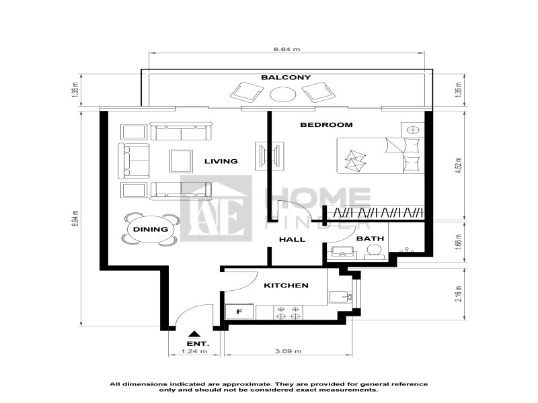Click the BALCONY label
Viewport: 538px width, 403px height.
pos(286,77)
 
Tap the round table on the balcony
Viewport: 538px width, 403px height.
pos(282,94)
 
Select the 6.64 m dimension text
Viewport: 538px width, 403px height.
pos(287,49)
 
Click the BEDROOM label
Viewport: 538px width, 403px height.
pos(326,125)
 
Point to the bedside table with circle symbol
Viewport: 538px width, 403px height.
pos(413,130)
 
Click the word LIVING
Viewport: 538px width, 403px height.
pos(221,161)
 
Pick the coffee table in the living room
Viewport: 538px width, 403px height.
pos(181,161)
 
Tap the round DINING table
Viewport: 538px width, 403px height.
pos(150,230)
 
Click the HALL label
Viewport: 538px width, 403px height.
pos(292,240)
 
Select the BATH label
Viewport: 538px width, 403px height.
pos(371,238)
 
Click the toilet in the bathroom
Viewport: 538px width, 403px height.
pos(372,253)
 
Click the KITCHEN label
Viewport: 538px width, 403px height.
pos(286,285)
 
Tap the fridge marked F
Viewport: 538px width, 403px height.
pos(239,312)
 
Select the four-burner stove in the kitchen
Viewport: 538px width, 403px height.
pos(288,312)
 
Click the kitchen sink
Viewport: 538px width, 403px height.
pos(340,297)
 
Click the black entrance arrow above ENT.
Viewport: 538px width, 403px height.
pos(194,334)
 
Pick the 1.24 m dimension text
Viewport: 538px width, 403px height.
pos(194,351)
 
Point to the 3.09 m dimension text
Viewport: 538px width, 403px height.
pos(289,351)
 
